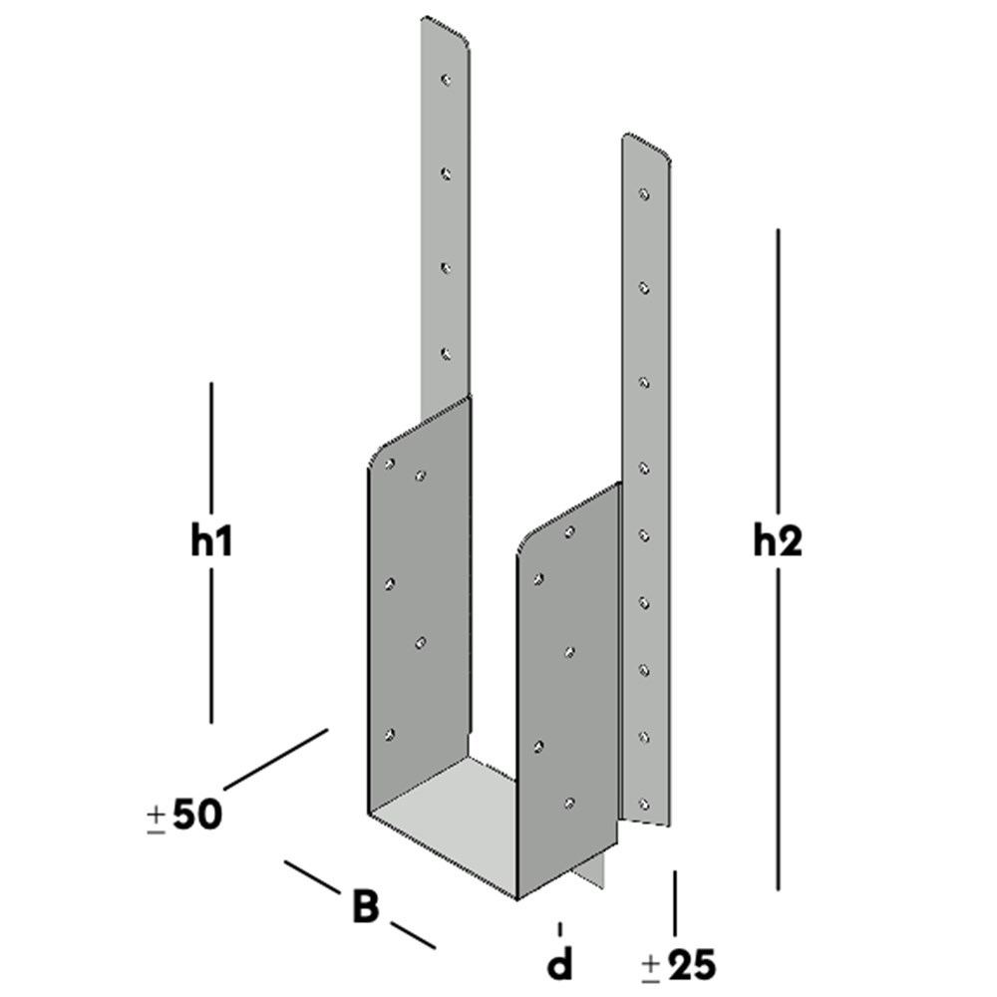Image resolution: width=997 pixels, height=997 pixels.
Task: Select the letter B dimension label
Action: (366, 906)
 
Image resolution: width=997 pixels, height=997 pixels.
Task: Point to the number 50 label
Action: (197, 815)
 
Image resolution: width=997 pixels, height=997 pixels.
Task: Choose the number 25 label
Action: (692, 964)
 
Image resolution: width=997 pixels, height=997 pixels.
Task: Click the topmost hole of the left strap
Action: (448, 78)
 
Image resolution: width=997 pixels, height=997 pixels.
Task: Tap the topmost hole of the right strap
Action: (644, 193)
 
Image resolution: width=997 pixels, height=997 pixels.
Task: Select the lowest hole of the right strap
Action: (644, 803)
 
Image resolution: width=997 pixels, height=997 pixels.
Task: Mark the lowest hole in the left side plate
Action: (389, 735)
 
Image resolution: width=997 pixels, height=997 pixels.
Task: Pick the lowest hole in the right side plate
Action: (569, 802)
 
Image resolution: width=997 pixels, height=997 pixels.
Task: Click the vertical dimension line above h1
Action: (211, 449)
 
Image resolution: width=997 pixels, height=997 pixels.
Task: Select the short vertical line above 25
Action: (676, 902)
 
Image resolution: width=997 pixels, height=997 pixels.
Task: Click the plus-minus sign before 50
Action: (156, 818)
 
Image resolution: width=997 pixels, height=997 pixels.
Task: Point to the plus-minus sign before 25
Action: (651, 965)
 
